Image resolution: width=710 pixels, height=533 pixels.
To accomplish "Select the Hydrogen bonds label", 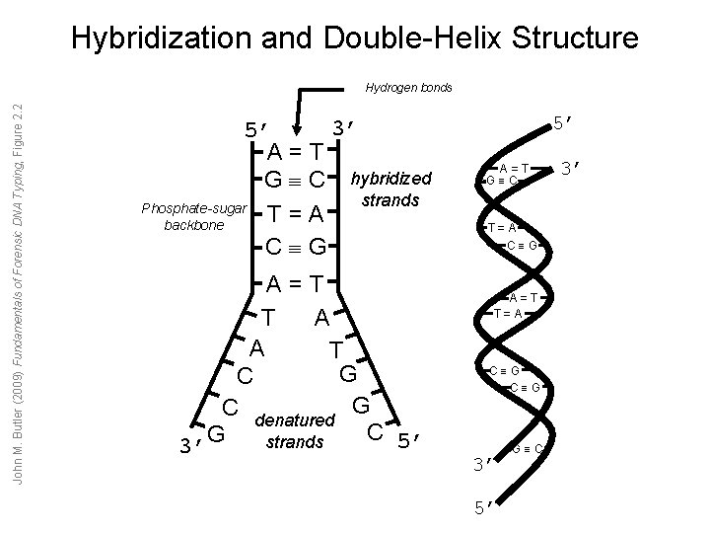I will (x=408, y=88).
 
